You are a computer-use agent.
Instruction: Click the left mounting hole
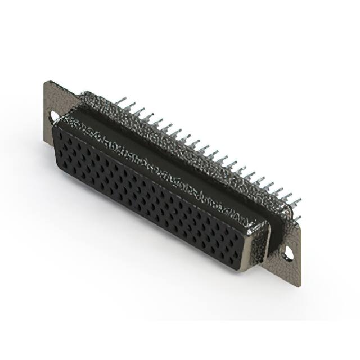click(x=55, y=118)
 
